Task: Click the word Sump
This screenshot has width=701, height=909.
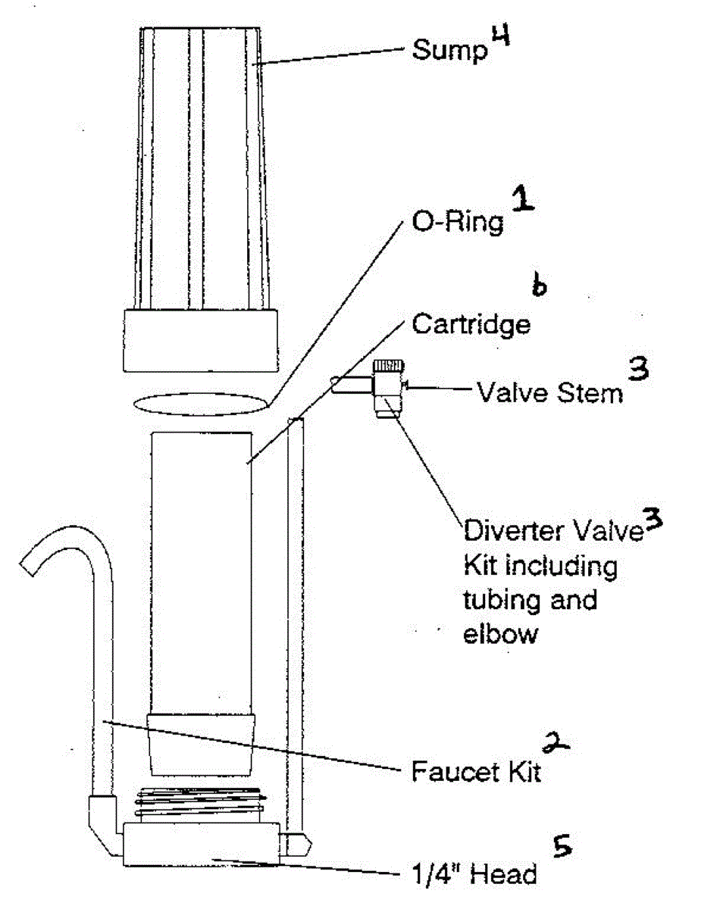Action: [x=450, y=51]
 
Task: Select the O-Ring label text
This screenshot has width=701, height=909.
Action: [x=458, y=221]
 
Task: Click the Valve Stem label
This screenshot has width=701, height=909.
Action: [x=550, y=393]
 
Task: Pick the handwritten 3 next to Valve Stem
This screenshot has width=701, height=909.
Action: [x=638, y=369]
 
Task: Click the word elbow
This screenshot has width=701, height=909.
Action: [x=499, y=634]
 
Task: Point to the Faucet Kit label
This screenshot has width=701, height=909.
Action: [x=476, y=772]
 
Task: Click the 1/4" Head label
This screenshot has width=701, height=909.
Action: [x=474, y=874]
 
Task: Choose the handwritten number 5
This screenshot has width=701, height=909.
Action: [x=562, y=846]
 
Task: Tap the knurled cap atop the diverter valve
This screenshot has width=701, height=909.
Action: [x=390, y=365]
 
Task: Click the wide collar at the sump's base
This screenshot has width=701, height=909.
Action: [x=201, y=340]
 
